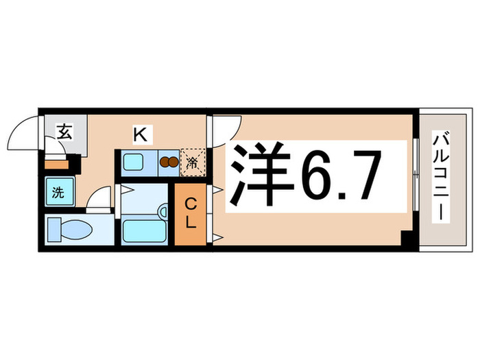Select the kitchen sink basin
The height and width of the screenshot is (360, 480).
[133, 163]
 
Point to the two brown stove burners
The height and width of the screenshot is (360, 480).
[167, 163]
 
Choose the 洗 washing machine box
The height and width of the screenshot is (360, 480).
[58, 193]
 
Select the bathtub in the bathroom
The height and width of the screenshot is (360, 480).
[145, 230]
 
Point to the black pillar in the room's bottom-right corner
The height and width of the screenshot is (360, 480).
[407, 241]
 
